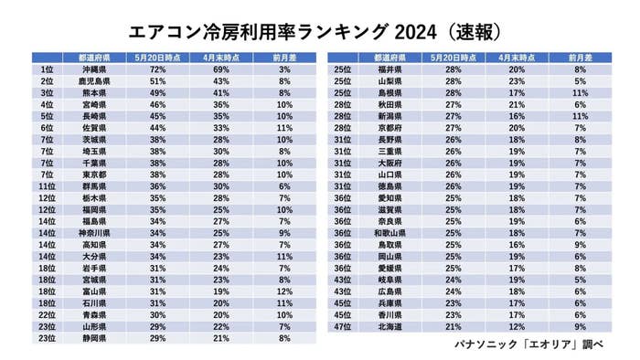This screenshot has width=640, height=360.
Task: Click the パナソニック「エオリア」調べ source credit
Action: [532, 345]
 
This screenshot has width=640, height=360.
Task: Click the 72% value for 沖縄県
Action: [156, 69]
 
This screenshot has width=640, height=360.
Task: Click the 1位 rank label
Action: [48, 69]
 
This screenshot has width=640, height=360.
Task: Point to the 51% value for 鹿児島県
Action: [156, 80]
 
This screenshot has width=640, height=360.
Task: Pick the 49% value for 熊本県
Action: [156, 92]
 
